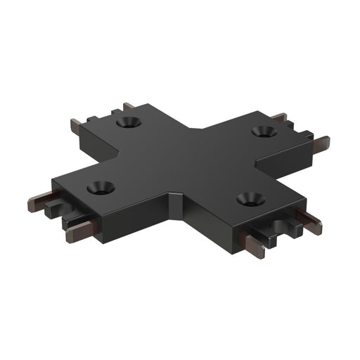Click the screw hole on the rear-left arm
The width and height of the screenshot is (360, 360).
tap(128, 122)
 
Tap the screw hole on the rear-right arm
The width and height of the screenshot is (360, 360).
tap(264, 131)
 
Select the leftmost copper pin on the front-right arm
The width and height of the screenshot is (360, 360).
tap(255, 245)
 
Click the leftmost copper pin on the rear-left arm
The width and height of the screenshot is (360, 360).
tap(76, 127)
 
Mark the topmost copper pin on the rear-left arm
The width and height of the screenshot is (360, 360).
tap(129, 106)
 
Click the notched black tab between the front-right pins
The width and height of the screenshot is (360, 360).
tap(285, 229)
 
